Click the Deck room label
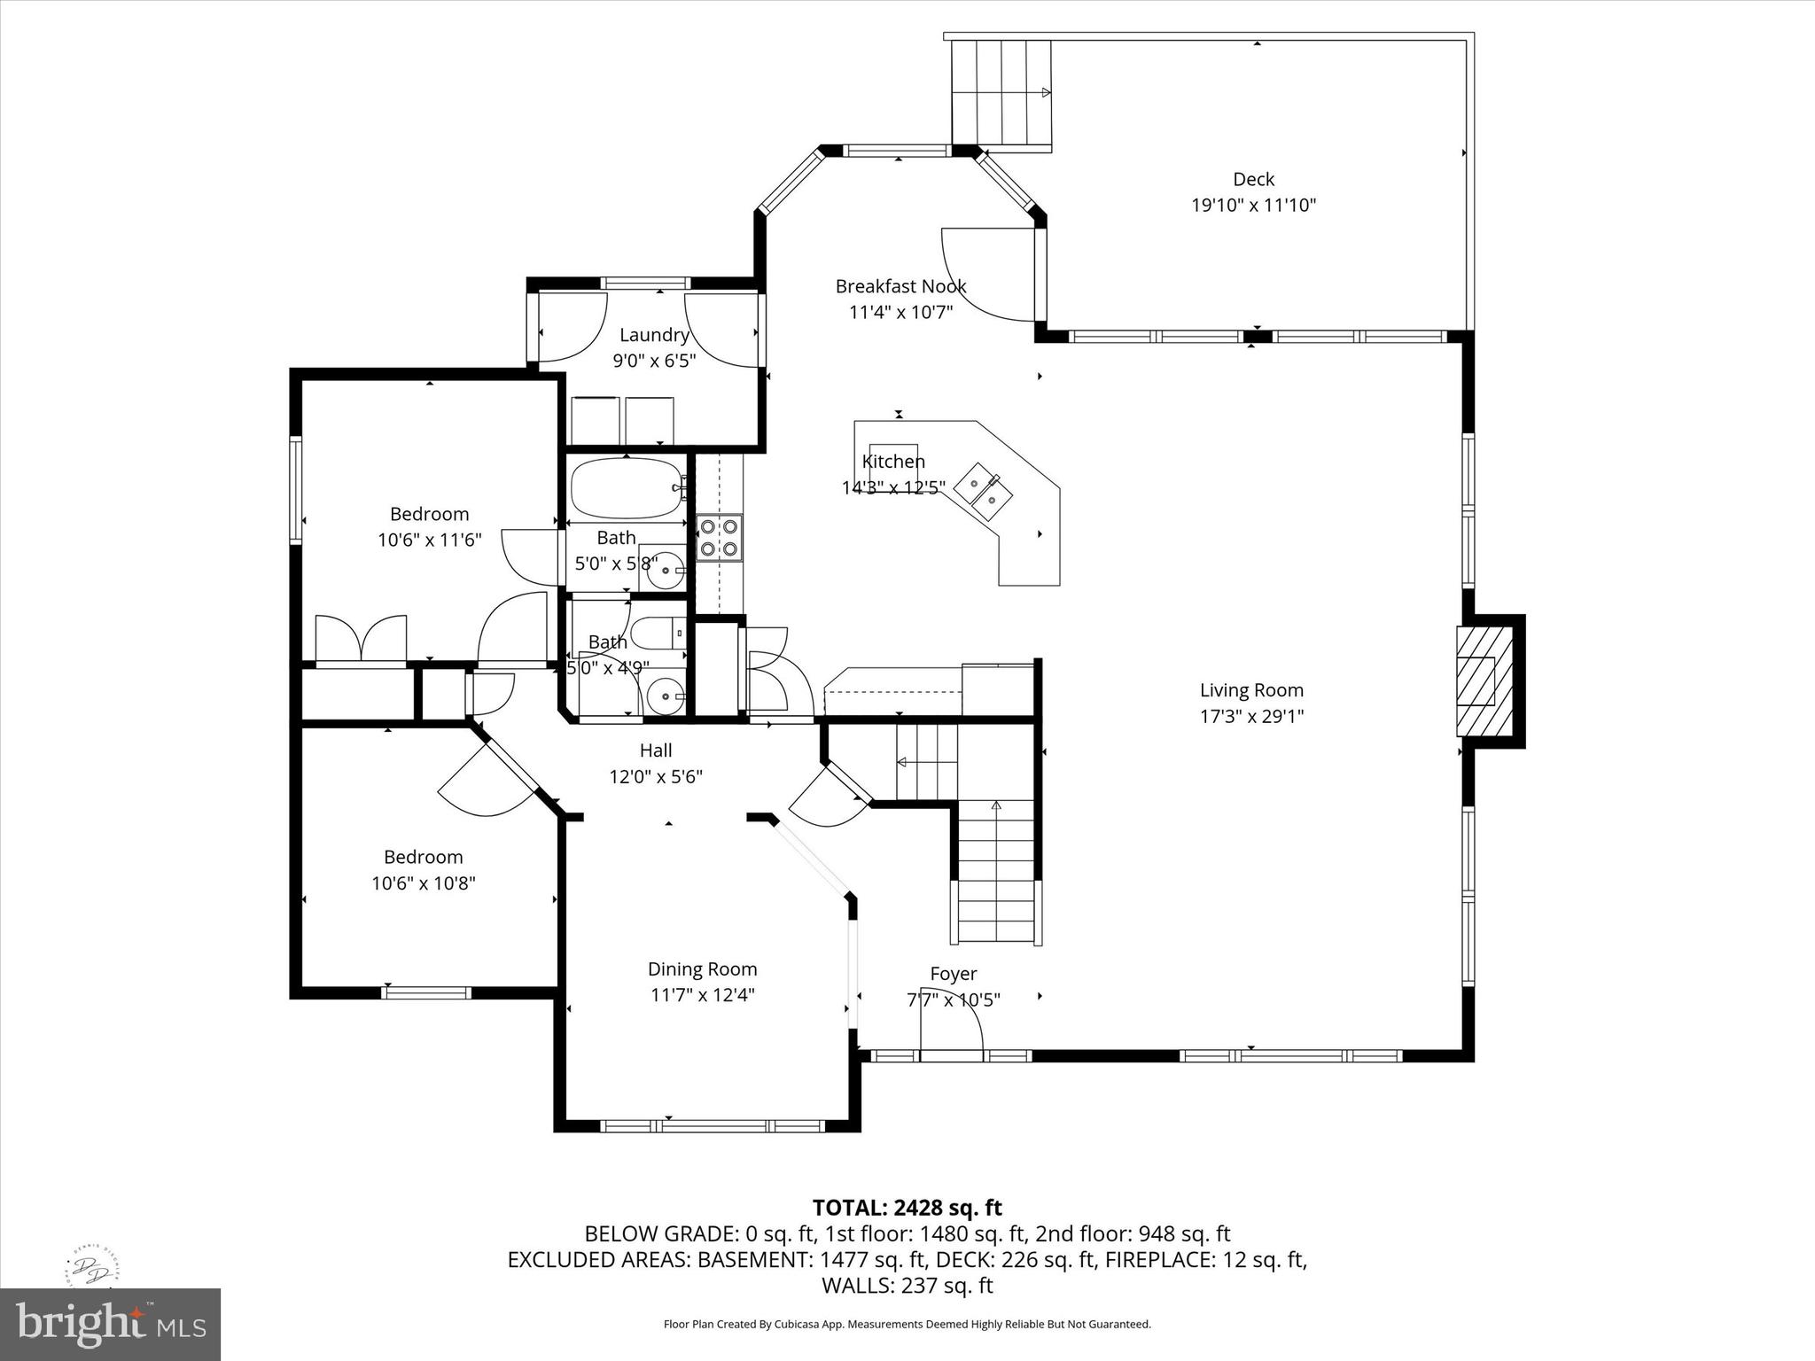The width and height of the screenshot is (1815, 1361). click(1253, 179)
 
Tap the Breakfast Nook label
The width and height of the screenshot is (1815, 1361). click(900, 286)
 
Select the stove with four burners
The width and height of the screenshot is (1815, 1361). click(719, 538)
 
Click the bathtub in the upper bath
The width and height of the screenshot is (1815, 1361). click(626, 488)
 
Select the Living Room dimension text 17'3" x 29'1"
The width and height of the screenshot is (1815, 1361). click(1251, 716)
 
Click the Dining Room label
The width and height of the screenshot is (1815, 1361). click(702, 969)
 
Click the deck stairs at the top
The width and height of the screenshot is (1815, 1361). click(1001, 92)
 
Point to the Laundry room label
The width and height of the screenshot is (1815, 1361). click(654, 335)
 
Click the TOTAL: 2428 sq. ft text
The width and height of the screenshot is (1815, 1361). click(907, 1208)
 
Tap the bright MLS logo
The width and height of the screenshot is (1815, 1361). click(110, 1324)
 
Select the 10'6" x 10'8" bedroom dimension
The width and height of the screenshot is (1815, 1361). click(424, 883)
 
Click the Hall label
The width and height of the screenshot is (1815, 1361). click(656, 750)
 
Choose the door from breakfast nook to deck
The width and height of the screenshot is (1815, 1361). click(985, 275)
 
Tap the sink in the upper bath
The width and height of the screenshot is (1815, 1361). click(664, 571)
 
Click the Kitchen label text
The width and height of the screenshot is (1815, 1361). click(893, 462)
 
